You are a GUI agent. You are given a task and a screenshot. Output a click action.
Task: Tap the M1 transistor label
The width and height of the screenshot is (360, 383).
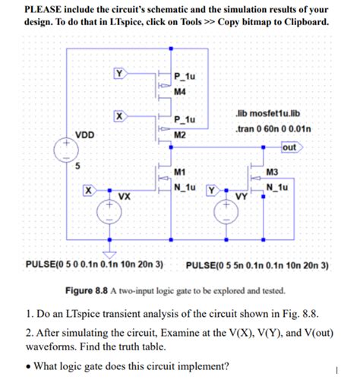click(x=180, y=172)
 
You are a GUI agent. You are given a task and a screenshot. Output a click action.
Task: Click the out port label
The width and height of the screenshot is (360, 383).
click(x=291, y=147)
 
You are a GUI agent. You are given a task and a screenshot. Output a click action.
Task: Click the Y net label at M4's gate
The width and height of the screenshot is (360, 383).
click(x=119, y=73)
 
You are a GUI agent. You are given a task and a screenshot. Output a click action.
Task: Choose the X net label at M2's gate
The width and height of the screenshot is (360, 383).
click(x=118, y=116)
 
